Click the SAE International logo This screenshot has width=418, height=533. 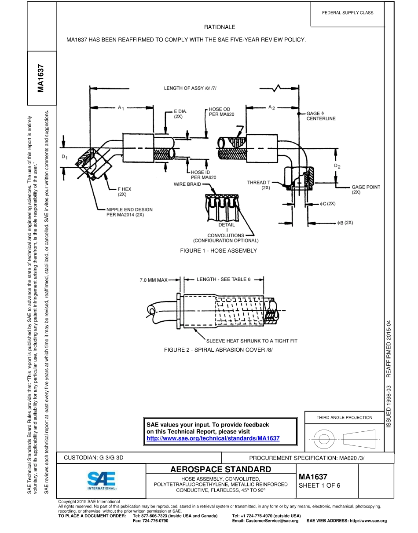(x=101, y=481)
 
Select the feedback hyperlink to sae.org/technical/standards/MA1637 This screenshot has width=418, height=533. (x=213, y=438)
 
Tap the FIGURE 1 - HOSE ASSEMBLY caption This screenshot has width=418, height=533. (x=218, y=250)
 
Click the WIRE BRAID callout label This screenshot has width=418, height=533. (x=187, y=184)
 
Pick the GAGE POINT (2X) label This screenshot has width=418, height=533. (x=366, y=189)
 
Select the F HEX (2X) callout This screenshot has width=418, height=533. (x=124, y=191)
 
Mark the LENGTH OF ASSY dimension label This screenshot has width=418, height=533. (x=190, y=88)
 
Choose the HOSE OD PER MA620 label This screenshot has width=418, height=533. (x=221, y=111)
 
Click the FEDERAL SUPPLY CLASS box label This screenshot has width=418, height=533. (x=348, y=13)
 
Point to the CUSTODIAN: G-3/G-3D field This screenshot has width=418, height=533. (x=94, y=458)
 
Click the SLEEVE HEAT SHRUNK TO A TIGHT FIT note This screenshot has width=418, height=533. (x=252, y=341)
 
